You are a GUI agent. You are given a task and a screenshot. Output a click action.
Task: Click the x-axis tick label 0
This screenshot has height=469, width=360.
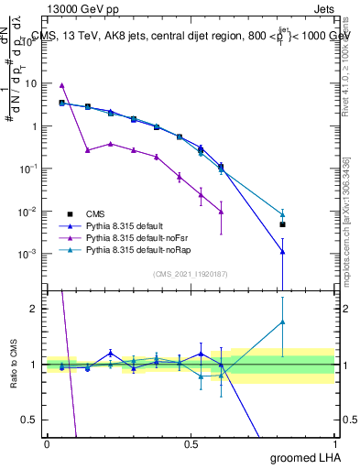47,443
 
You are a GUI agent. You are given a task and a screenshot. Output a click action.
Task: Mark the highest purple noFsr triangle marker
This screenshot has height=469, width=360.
61,85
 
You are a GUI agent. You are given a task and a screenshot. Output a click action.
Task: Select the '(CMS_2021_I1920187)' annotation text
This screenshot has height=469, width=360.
190,274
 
